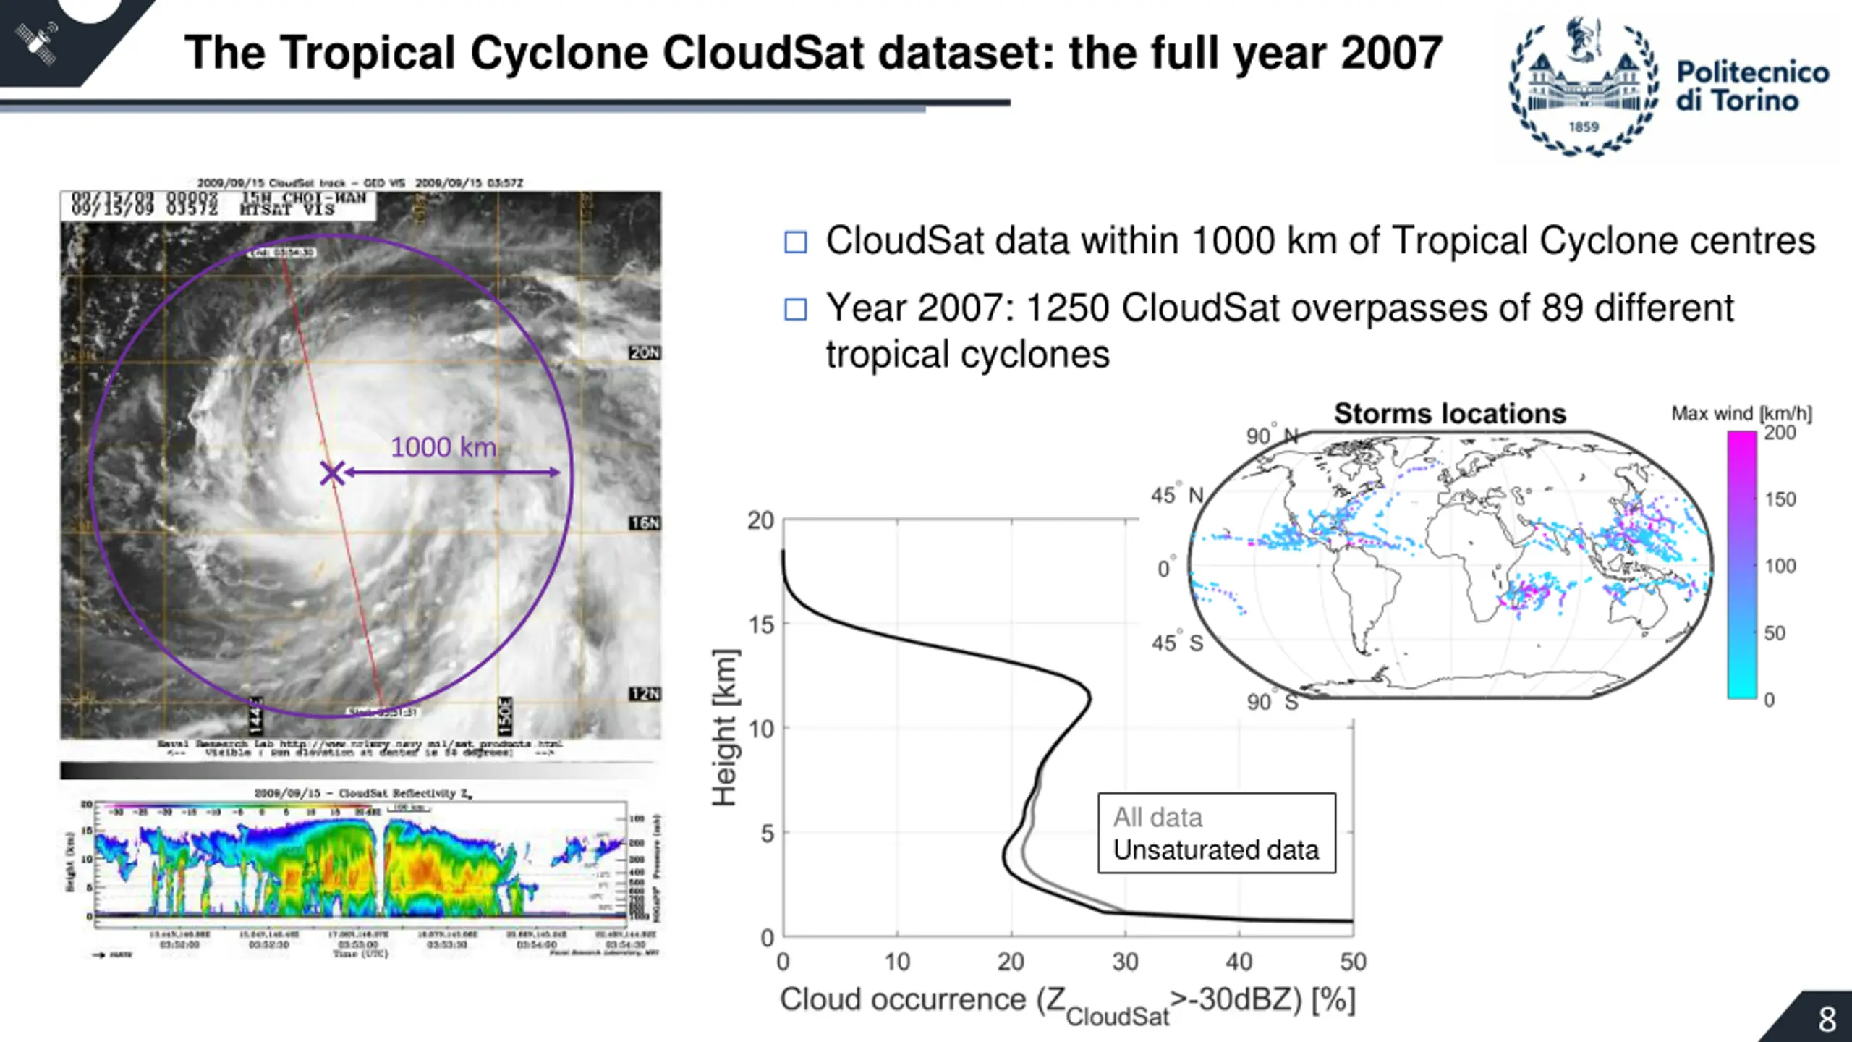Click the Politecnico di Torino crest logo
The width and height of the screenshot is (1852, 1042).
(1583, 87)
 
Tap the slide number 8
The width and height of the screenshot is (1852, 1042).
(1827, 1020)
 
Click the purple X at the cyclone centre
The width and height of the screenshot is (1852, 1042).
(332, 474)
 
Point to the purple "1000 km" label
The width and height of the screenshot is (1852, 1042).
(443, 447)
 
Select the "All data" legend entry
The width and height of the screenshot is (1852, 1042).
(1157, 817)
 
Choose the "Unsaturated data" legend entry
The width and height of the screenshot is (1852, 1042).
(1215, 850)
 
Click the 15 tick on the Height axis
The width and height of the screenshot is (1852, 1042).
(761, 624)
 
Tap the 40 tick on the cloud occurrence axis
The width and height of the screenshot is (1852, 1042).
(1239, 962)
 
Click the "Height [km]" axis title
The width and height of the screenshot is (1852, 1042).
(724, 727)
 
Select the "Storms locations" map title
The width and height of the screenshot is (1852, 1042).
(1450, 414)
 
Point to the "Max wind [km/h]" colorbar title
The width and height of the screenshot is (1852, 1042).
(1741, 414)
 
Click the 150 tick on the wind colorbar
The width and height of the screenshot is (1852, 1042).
(1780, 499)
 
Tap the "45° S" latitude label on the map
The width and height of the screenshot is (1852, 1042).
(1177, 643)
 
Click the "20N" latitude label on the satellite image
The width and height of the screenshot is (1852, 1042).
(645, 353)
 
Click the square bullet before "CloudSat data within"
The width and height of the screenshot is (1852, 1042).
(796, 242)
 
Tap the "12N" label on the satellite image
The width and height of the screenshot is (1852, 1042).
(645, 694)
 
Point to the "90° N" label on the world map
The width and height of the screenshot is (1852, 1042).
(1272, 436)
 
